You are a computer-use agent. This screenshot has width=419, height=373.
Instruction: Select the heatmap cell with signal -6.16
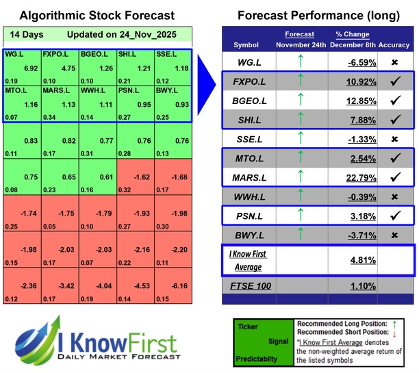[173, 286]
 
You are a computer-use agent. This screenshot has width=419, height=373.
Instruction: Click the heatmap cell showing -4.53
[136, 286]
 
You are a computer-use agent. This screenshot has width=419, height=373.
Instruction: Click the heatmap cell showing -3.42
[60, 286]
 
